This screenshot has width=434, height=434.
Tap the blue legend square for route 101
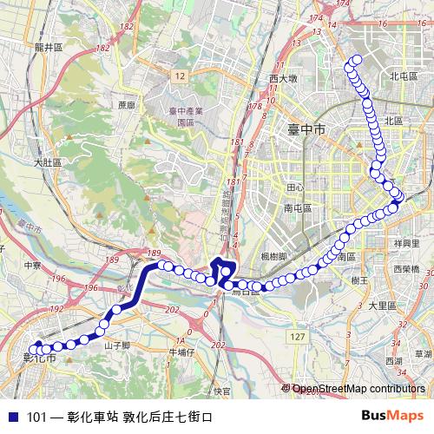12,417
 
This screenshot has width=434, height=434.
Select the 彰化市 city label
38,357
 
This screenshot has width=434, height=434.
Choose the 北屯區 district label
404,76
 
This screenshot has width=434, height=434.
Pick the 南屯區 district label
298,209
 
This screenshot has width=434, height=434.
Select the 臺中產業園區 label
185,116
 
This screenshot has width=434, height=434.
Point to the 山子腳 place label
116,345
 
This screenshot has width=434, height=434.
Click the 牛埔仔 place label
182,352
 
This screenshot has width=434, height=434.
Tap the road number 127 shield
299,336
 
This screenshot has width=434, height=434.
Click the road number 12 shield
179,77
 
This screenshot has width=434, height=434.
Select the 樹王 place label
360,281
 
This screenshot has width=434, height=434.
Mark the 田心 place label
295,187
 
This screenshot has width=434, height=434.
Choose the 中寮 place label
33,266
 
